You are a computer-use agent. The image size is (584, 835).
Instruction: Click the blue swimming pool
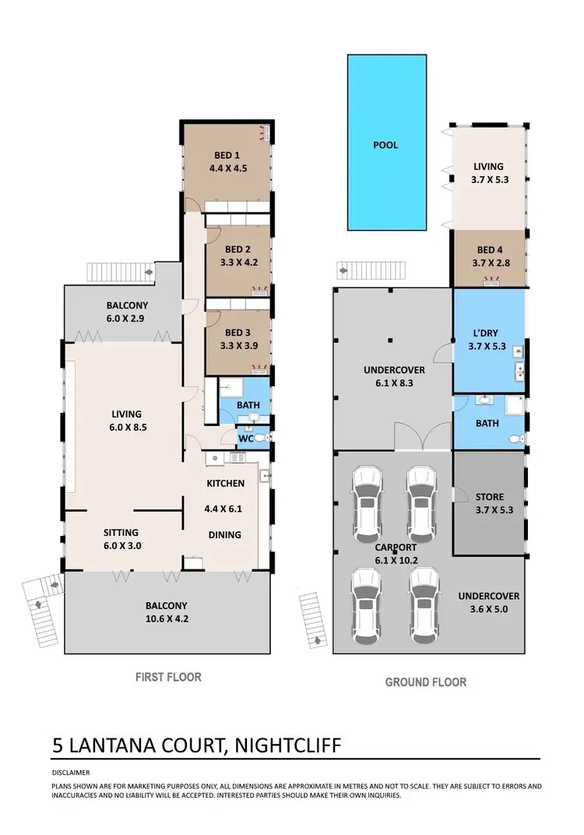pyautogui.click(x=387, y=143)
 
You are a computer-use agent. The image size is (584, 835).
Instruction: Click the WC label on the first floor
pyautogui.click(x=245, y=439)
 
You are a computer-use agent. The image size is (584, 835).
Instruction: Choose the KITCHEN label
pyautogui.click(x=225, y=483)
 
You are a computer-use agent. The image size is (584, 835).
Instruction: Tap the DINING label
pyautogui.click(x=225, y=534)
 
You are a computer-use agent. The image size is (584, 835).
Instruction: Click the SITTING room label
pyautogui.click(x=121, y=533)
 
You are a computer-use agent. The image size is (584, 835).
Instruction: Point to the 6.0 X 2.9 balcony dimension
pyautogui.click(x=121, y=319)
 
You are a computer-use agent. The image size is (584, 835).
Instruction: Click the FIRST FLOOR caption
pyautogui.click(x=168, y=677)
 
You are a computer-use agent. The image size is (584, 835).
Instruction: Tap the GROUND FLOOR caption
pyautogui.click(x=426, y=682)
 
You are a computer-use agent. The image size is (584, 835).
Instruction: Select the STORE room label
pyautogui.click(x=488, y=496)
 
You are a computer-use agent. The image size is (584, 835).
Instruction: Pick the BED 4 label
pyautogui.click(x=488, y=249)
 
